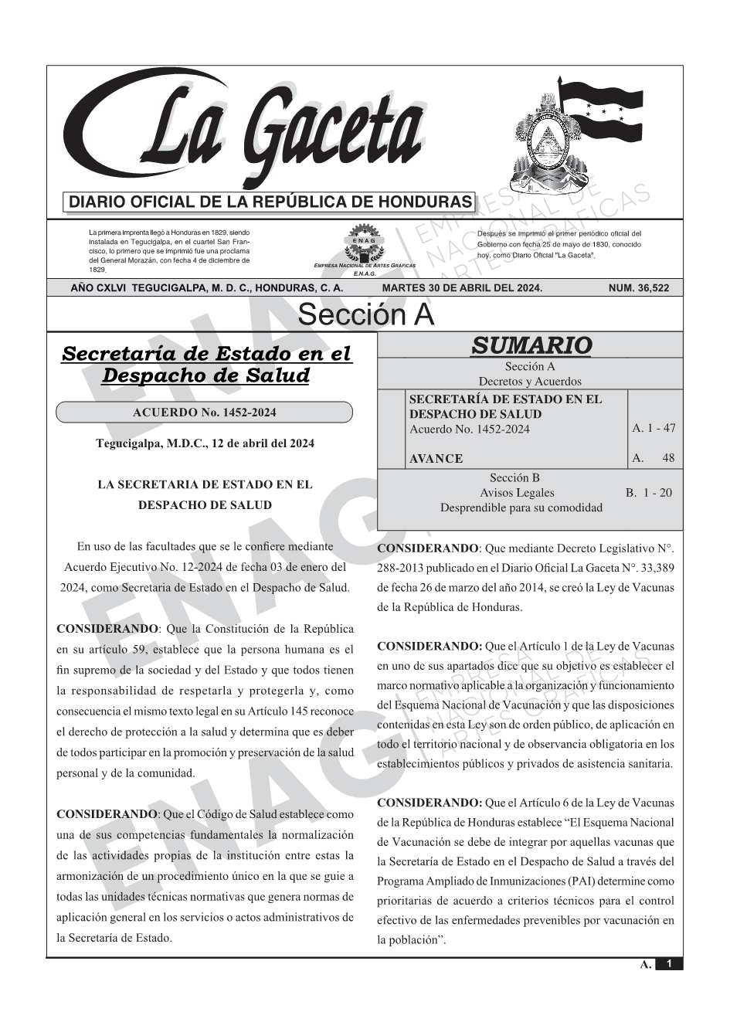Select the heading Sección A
[365, 315]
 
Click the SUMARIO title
[531, 345]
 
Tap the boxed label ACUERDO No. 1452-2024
[204, 413]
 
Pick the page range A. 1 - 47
[653, 428]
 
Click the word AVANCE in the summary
[436, 459]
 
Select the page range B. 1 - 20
[649, 492]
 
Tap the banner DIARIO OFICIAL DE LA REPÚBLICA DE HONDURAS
[270, 202]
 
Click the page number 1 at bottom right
[670, 963]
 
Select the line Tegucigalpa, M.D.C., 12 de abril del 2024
[205, 443]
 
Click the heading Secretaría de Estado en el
[206, 355]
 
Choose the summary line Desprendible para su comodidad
[521, 508]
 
